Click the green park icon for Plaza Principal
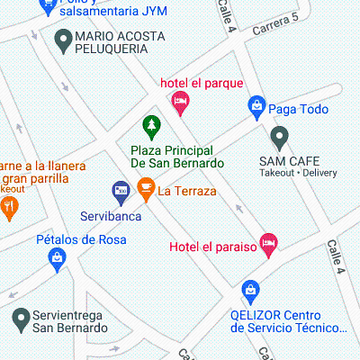(x=151, y=124)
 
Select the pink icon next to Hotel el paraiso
(x=267, y=243)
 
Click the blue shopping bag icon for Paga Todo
(x=256, y=108)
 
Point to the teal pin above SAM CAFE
(x=280, y=137)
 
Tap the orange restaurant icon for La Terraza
(x=145, y=189)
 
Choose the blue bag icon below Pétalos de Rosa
(x=56, y=259)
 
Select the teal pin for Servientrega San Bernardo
(x=21, y=317)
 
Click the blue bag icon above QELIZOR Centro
(x=250, y=291)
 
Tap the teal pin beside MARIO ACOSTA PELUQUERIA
(x=63, y=39)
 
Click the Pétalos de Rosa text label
(x=81, y=239)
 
